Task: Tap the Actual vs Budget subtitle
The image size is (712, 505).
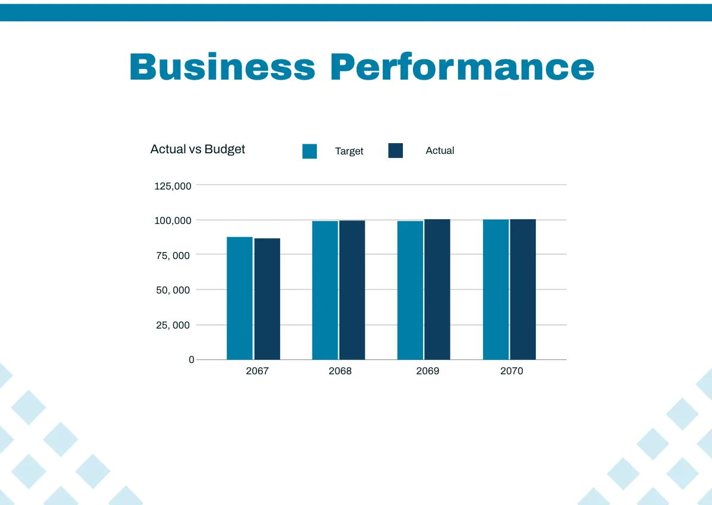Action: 198,149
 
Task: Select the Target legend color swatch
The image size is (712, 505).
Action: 310,151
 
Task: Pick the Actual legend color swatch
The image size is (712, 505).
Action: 396,151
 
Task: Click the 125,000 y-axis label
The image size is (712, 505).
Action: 173,186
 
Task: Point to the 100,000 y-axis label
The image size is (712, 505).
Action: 173,220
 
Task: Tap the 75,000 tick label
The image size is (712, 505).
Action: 173,255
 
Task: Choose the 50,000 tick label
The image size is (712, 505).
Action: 173,290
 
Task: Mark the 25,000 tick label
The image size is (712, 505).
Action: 173,325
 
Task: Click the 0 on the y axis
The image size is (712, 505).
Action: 191,359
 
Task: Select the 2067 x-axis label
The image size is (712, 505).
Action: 257,371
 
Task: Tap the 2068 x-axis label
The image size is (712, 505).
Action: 340,371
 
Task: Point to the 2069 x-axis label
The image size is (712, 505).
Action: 428,371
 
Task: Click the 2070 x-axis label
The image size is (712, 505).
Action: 511,371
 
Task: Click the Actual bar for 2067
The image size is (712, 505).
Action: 268,299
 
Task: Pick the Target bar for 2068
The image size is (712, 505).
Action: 325,291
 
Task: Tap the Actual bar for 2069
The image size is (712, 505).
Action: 437,289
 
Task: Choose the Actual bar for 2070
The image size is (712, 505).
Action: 523,289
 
